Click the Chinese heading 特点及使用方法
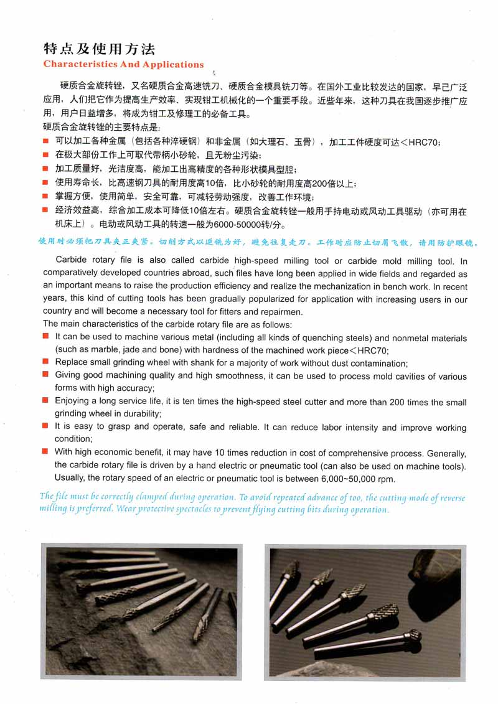tap(99, 49)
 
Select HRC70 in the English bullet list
tap(374, 350)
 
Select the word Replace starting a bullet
tap(72, 363)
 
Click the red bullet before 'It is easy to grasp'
tap(45, 426)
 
